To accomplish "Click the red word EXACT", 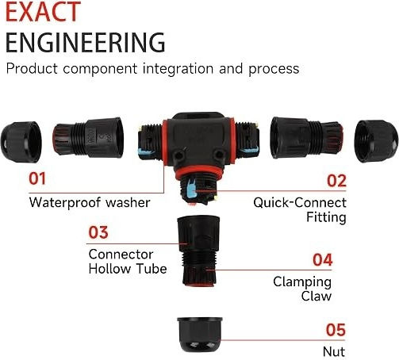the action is pyautogui.click(x=43, y=11).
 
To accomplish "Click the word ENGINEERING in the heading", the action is pyautogui.click(x=86, y=42).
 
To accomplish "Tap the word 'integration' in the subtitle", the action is pyautogui.click(x=178, y=68).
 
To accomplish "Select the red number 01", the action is pyautogui.click(x=37, y=178).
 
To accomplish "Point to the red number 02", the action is pyautogui.click(x=336, y=181).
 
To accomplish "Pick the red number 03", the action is pyautogui.click(x=98, y=232).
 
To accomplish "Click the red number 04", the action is pyautogui.click(x=322, y=260).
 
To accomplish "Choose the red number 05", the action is pyautogui.click(x=336, y=330).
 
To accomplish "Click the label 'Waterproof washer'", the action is pyautogui.click(x=90, y=202).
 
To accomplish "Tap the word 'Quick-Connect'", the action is pyautogui.click(x=300, y=203).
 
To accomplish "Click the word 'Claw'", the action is pyautogui.click(x=317, y=296).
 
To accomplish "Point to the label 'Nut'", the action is pyautogui.click(x=334, y=352).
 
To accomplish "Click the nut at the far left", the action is pyautogui.click(x=21, y=142).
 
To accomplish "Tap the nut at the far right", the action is pyautogui.click(x=376, y=141).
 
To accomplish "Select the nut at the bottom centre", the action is pyautogui.click(x=200, y=335).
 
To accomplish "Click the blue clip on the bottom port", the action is pyautogui.click(x=191, y=189).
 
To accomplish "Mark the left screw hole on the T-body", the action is pyautogui.click(x=179, y=155).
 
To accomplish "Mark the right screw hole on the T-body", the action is pyautogui.click(x=219, y=154).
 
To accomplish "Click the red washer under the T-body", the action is pyautogui.click(x=199, y=171).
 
